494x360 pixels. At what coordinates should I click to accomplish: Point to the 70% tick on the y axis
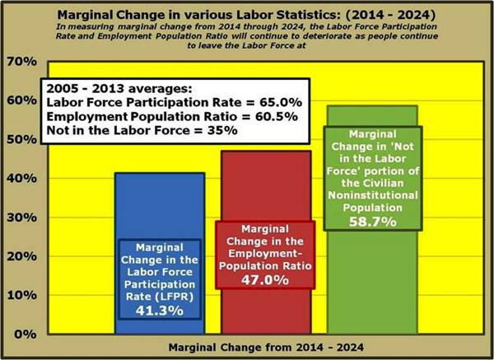(21, 63)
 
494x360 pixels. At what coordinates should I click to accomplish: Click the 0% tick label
(25, 334)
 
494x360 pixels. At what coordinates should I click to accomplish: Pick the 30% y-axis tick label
(21, 217)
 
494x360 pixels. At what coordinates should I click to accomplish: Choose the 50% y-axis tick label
(21, 140)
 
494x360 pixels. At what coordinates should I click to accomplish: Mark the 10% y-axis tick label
(21, 295)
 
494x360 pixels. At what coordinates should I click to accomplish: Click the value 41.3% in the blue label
(159, 311)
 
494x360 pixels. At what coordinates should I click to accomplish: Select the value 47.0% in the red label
(264, 280)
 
